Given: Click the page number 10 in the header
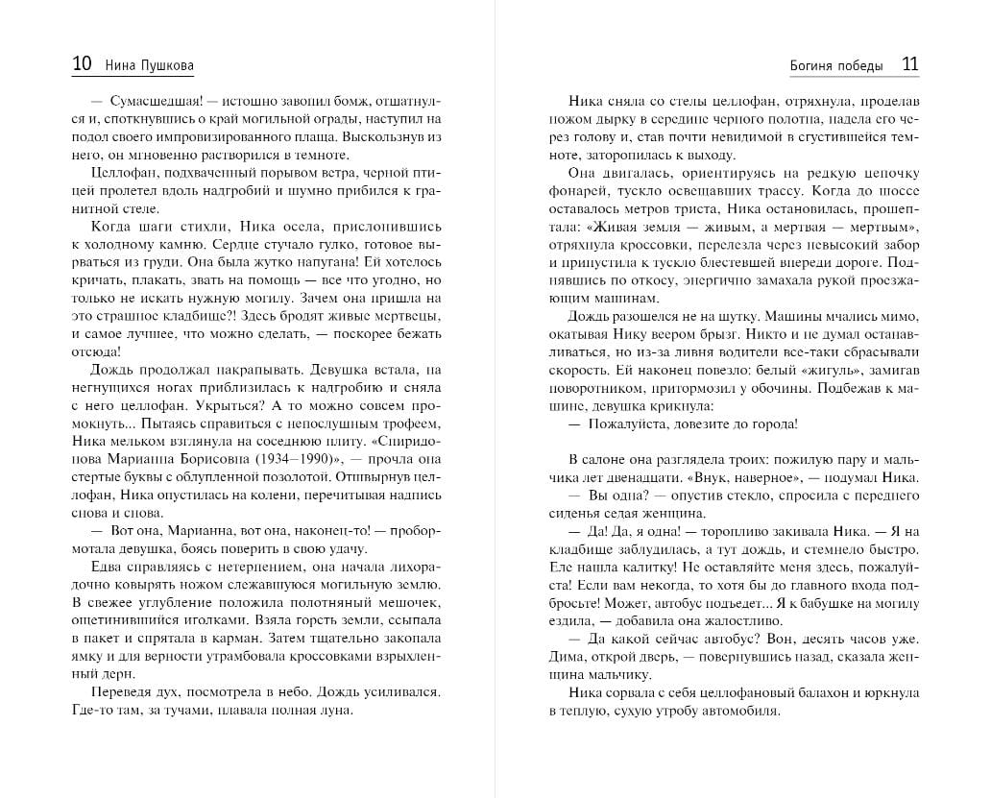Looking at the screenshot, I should pos(82,64).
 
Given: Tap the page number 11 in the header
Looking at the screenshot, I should pos(909,64).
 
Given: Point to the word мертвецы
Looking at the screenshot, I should pos(407,316).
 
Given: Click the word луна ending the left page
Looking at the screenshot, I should pos(335,711).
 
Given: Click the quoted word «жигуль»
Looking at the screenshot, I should pos(808,370).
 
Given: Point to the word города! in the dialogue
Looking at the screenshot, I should pos(770,423).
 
